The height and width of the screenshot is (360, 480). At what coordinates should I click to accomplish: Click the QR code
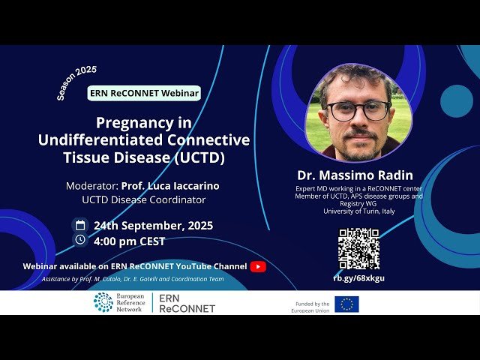point(358,248)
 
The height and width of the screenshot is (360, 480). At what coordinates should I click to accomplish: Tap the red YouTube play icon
point(258,266)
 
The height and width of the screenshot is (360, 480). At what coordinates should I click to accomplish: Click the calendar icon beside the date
point(80,225)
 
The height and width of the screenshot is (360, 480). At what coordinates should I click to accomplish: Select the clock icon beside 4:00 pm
point(80,240)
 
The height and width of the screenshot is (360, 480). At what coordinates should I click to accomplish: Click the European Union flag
point(346,304)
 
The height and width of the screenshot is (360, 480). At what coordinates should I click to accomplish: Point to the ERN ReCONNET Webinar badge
point(144,93)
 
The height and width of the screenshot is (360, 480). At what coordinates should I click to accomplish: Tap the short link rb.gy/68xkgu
point(358,277)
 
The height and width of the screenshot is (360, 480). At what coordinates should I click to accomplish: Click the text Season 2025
point(76,82)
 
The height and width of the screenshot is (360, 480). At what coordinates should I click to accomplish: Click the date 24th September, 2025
point(153,226)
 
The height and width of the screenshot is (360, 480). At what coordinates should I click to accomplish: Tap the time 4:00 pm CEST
point(129,241)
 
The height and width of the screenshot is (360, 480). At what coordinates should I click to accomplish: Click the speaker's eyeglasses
point(358,110)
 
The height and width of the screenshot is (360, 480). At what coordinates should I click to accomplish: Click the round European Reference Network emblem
point(103,302)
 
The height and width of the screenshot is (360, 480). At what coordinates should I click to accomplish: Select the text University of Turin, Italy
point(358,210)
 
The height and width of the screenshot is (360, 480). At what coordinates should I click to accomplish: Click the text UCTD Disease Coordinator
point(144,199)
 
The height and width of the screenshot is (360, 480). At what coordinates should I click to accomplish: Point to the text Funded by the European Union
point(313,307)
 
